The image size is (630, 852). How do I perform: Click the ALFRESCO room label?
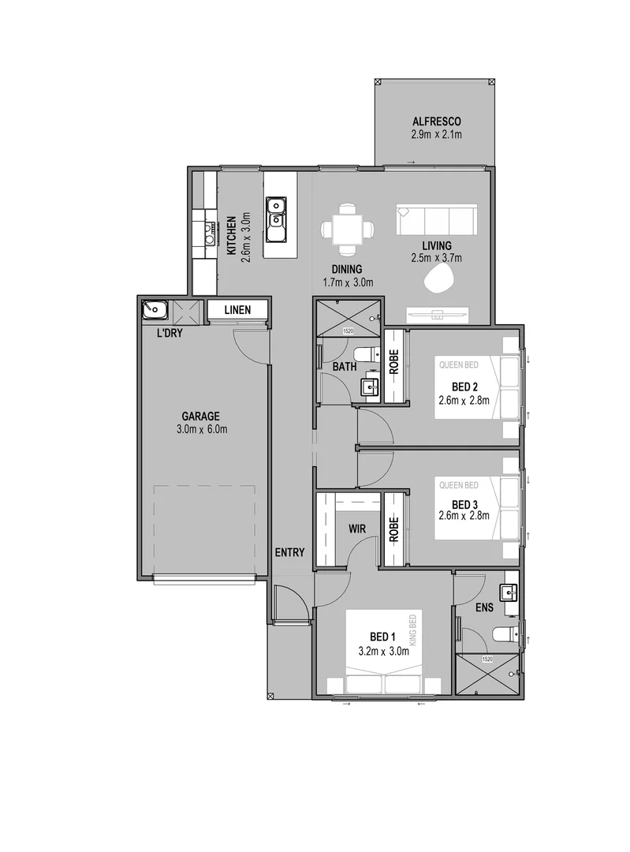coord(435,121)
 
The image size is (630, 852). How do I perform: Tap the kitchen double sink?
coord(276,219)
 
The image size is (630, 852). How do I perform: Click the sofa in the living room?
coord(437,220)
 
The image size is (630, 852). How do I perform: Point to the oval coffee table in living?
coord(441,277)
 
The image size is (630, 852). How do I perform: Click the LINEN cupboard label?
coord(237,310)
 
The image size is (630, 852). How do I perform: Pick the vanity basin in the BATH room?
coord(369,387)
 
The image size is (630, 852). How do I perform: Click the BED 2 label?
coord(464,387)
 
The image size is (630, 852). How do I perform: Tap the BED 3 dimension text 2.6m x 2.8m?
coord(464,516)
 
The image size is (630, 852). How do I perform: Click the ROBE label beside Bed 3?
coord(393,528)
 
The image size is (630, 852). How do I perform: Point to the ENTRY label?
coord(289,552)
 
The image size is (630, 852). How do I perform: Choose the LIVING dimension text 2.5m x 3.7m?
coord(436,258)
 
